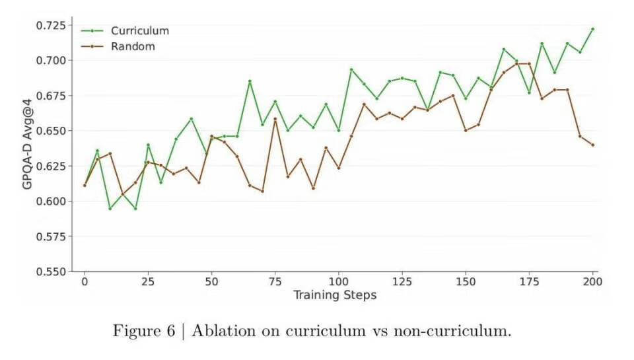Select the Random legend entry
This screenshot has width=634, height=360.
click(x=133, y=46)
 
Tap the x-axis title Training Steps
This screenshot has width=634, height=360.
click(x=335, y=295)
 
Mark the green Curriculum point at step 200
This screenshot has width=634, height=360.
click(x=592, y=29)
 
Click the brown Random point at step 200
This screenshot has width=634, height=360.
click(x=592, y=145)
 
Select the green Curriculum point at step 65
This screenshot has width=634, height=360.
click(x=250, y=81)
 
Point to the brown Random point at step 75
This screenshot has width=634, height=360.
click(x=275, y=119)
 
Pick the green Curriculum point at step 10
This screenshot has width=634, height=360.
click(x=110, y=209)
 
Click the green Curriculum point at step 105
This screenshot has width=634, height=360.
click(x=351, y=69)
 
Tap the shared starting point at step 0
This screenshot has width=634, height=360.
click(x=85, y=185)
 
